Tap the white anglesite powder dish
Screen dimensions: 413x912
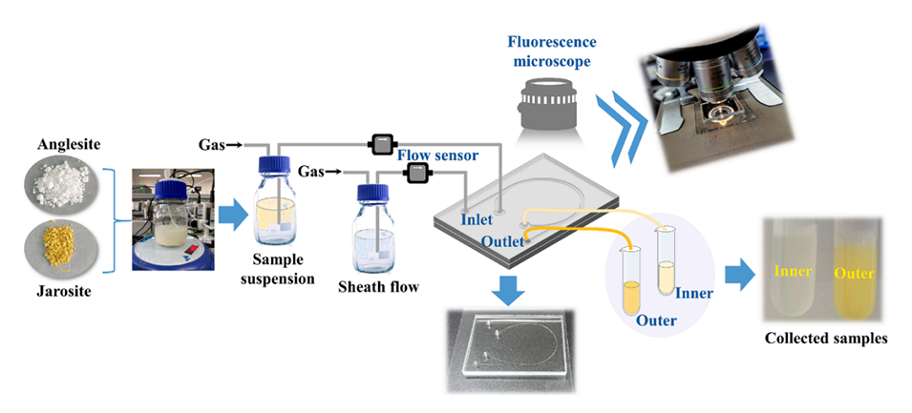(x=60, y=182)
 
